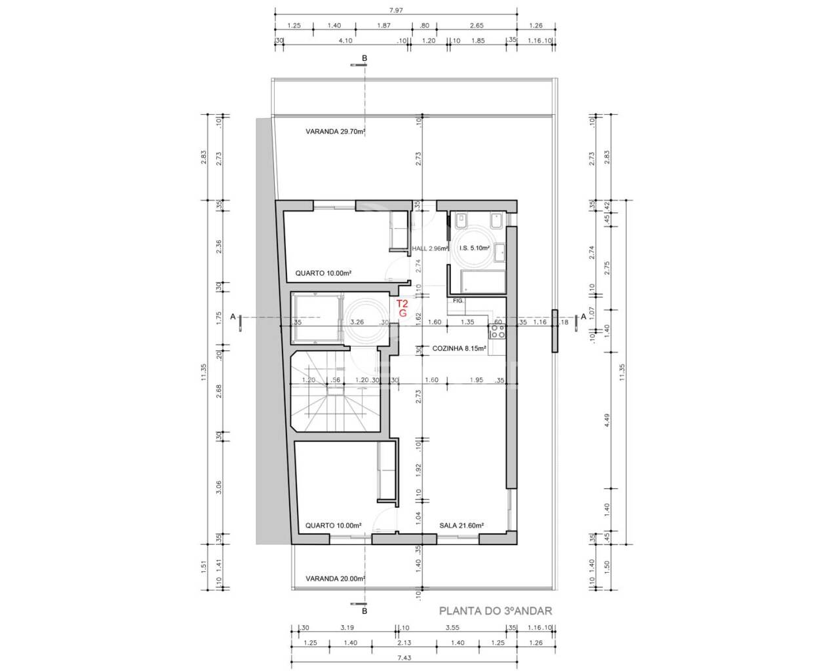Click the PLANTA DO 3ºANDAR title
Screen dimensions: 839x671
(x=496, y=611)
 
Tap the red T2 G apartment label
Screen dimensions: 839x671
(x=402, y=308)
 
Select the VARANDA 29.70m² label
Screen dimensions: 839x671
(x=336, y=132)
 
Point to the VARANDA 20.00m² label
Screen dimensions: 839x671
(x=336, y=579)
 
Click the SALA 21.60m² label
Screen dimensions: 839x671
(x=461, y=526)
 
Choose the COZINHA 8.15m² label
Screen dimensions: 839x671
(x=459, y=349)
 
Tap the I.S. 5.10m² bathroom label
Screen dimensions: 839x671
(x=474, y=248)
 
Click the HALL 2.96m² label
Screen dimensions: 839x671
(x=431, y=248)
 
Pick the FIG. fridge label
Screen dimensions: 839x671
(x=458, y=301)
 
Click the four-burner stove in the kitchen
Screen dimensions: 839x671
(x=498, y=332)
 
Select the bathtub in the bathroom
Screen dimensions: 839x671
(x=482, y=280)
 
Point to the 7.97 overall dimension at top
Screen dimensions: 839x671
(x=396, y=10)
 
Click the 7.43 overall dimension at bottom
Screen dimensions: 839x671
(x=404, y=658)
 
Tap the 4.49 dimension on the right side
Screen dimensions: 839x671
(x=607, y=420)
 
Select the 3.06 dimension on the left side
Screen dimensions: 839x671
(x=219, y=488)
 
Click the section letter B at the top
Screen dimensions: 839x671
(x=364, y=58)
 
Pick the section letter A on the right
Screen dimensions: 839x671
(x=583, y=316)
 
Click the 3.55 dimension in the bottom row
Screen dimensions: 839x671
(x=453, y=628)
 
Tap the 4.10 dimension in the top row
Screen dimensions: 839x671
(x=345, y=41)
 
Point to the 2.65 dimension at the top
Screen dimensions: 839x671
(x=477, y=26)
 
